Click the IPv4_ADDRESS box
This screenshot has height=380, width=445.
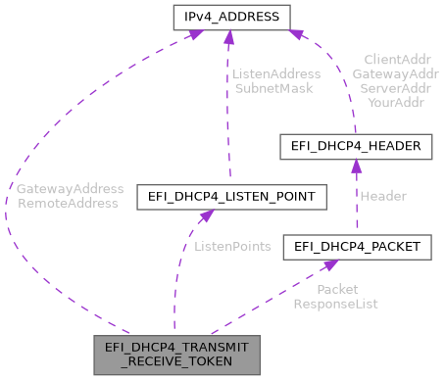click(227, 17)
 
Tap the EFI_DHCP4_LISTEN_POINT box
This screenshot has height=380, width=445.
click(231, 197)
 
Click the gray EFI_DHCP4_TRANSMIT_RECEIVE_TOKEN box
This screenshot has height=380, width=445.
click(175, 354)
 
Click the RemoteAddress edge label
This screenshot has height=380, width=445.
click(68, 203)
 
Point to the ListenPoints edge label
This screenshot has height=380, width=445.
click(232, 246)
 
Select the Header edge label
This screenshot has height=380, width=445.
click(382, 196)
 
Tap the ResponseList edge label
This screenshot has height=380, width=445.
click(335, 304)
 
